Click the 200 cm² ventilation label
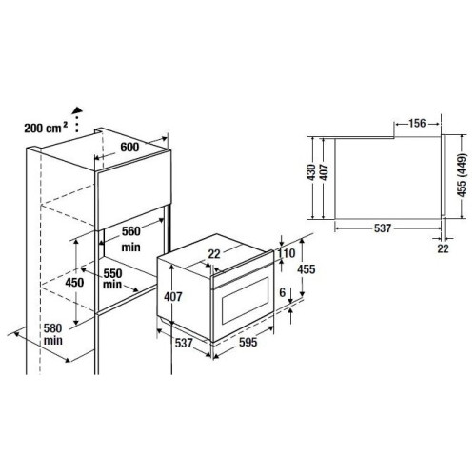[x=46, y=128]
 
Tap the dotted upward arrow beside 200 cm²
[x=77, y=119]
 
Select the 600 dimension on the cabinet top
[x=129, y=147]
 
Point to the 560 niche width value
[x=131, y=231]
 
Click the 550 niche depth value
[x=112, y=273]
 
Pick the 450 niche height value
[x=74, y=282]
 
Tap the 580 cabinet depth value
[x=52, y=328]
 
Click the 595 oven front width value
[x=248, y=342]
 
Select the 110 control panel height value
[x=287, y=253]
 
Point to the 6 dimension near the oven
[x=283, y=292]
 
